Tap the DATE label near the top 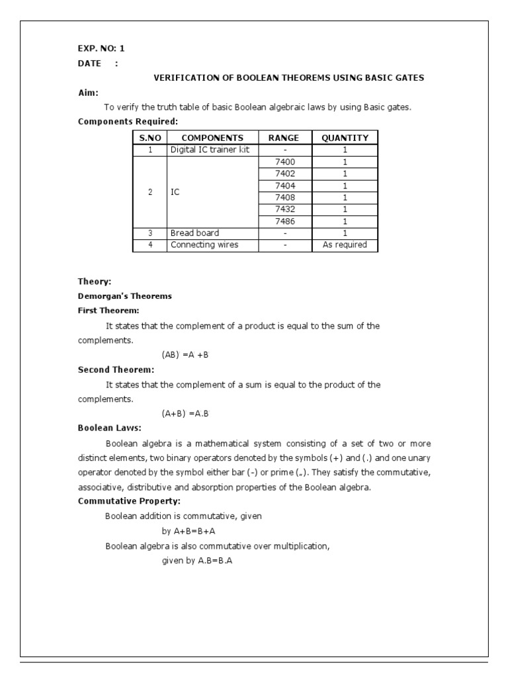coord(90,63)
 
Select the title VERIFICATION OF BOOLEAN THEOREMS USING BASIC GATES coord(288,78)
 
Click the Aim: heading coord(88,93)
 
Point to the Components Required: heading coord(128,122)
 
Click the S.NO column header coord(150,138)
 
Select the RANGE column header coord(283,138)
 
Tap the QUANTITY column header coord(345,138)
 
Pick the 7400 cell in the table coord(284,162)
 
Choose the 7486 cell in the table coord(284,221)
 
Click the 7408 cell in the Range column coord(284,198)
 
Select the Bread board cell coord(194,233)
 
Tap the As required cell coord(345,245)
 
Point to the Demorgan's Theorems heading coord(124,296)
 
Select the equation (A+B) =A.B coord(186,414)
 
